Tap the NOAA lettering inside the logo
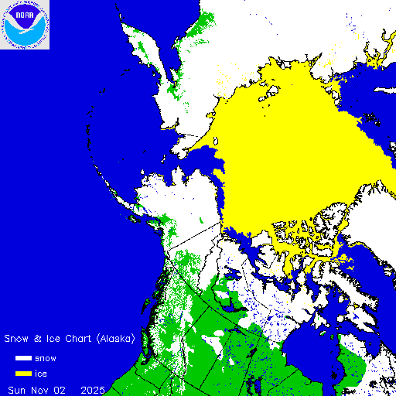coord(25,13)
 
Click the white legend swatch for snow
coord(23,359)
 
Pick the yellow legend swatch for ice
coord(23,374)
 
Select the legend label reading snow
coord(46,359)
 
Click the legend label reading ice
coord(41,374)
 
